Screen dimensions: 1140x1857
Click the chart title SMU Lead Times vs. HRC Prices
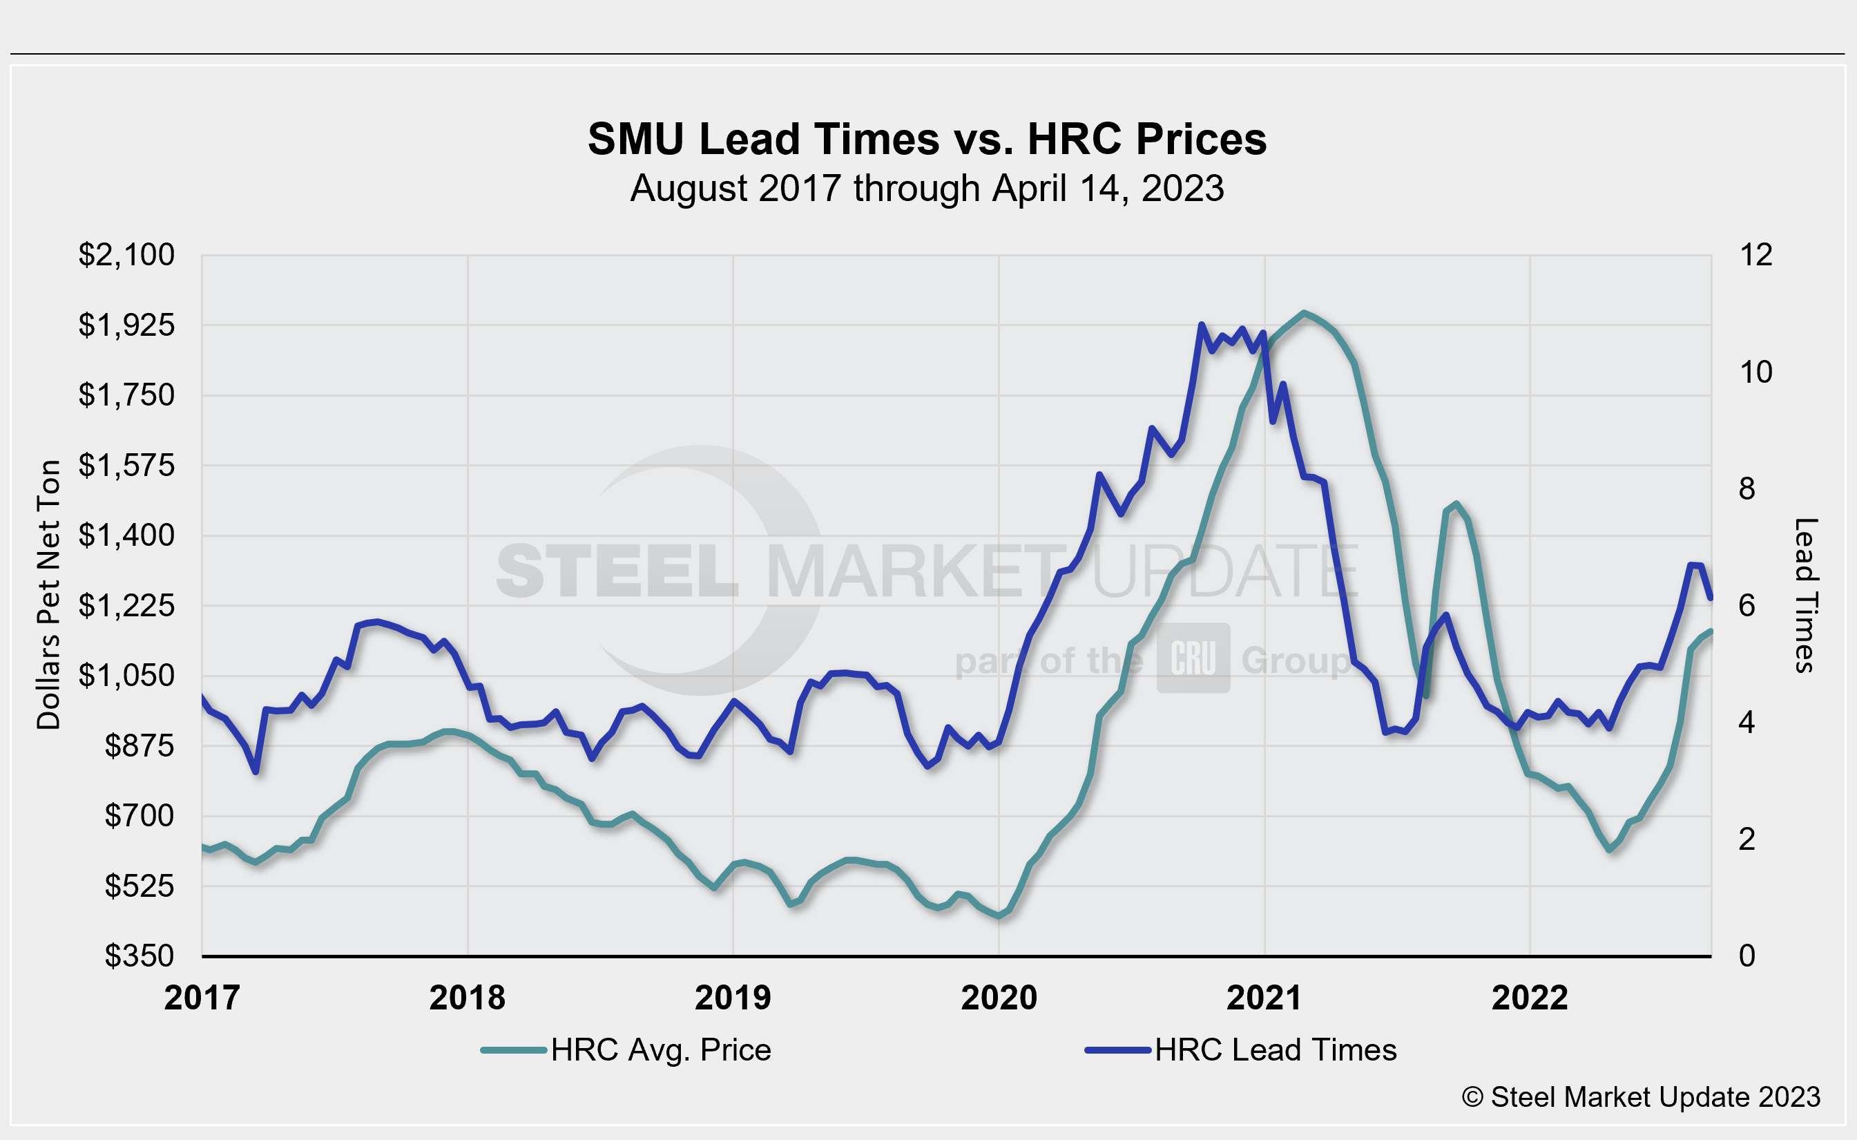[x=927, y=140]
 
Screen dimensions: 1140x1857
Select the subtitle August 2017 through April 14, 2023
[x=927, y=189]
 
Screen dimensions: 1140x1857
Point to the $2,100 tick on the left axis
[x=126, y=256]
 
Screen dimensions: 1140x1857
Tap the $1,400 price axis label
[x=126, y=535]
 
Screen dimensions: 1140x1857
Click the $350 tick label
[x=139, y=956]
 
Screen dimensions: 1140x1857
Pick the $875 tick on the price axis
[x=139, y=745]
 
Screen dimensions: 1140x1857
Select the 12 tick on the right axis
[x=1755, y=256]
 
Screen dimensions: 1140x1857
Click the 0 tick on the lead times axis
[x=1747, y=956]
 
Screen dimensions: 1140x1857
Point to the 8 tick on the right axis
[x=1747, y=489]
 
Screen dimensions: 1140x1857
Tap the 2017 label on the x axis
[x=202, y=998]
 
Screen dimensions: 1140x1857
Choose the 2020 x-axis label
[x=999, y=998]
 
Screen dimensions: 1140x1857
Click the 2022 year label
[x=1530, y=998]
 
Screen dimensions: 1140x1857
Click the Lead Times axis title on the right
[x=1806, y=595]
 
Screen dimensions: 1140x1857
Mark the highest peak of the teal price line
[x=1305, y=312]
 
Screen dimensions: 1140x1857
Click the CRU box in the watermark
[x=1193, y=658]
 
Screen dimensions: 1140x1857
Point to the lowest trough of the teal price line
[x=999, y=916]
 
